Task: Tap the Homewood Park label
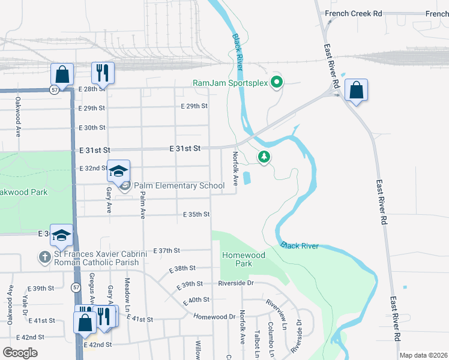[x=244, y=259]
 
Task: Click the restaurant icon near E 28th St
[x=103, y=74]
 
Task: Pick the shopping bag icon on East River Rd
[x=356, y=90]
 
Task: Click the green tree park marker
[x=264, y=157]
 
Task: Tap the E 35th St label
[x=196, y=214]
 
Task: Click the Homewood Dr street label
[x=215, y=316]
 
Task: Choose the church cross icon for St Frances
[x=44, y=257]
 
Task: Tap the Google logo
[x=20, y=352]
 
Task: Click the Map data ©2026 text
[x=424, y=355]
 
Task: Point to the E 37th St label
[x=167, y=250]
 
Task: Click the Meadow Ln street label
[x=127, y=295]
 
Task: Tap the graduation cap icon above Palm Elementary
[x=118, y=170]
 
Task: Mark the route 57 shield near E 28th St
[x=55, y=89]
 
